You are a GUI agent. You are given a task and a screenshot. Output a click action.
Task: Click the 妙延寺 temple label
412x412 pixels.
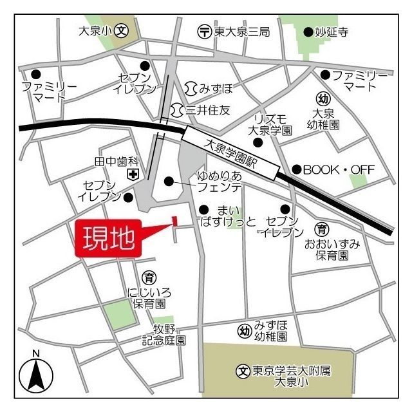click(x=331, y=31)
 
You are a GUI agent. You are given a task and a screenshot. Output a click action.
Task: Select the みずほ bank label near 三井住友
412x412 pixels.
click(x=209, y=87)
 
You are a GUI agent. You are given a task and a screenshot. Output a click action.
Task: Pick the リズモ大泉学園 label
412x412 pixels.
click(x=270, y=124)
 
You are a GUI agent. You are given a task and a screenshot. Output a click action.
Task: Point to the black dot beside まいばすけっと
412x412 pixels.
click(x=203, y=209)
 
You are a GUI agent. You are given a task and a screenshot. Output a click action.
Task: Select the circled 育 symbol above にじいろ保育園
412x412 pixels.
click(x=149, y=277)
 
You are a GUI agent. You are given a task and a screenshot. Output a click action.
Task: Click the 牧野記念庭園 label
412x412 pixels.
click(x=164, y=334)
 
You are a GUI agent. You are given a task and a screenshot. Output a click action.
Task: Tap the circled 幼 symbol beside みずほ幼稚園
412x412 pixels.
click(x=244, y=331)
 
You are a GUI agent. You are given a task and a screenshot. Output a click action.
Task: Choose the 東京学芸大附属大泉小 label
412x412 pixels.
click(x=291, y=376)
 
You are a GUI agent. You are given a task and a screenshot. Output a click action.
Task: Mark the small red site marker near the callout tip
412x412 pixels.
click(x=174, y=221)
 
